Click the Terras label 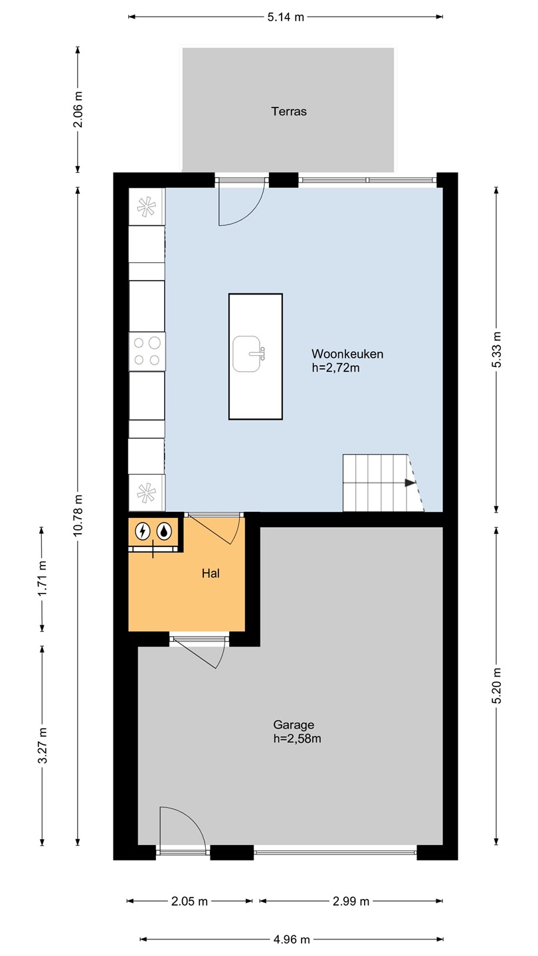pyautogui.click(x=289, y=112)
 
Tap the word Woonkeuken pyautogui.click(x=347, y=354)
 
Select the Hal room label pyautogui.click(x=211, y=573)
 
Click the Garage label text pyautogui.click(x=294, y=725)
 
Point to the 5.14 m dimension pyautogui.click(x=286, y=17)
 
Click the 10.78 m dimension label pyautogui.click(x=78, y=516)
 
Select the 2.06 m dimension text pyautogui.click(x=78, y=110)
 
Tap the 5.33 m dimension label pyautogui.click(x=496, y=349)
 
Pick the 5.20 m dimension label pyautogui.click(x=496, y=686)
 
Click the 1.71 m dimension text pyautogui.click(x=42, y=579)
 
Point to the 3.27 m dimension pyautogui.click(x=42, y=746)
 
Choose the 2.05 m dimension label pyautogui.click(x=189, y=902)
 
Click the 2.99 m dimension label pyautogui.click(x=351, y=902)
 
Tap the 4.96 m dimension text pyautogui.click(x=292, y=939)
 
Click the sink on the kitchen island pyautogui.click(x=248, y=354)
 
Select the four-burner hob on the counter pyautogui.click(x=147, y=351)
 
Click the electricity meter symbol pyautogui.click(x=143, y=531)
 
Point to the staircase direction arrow pyautogui.click(x=410, y=483)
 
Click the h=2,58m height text pyautogui.click(x=297, y=739)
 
